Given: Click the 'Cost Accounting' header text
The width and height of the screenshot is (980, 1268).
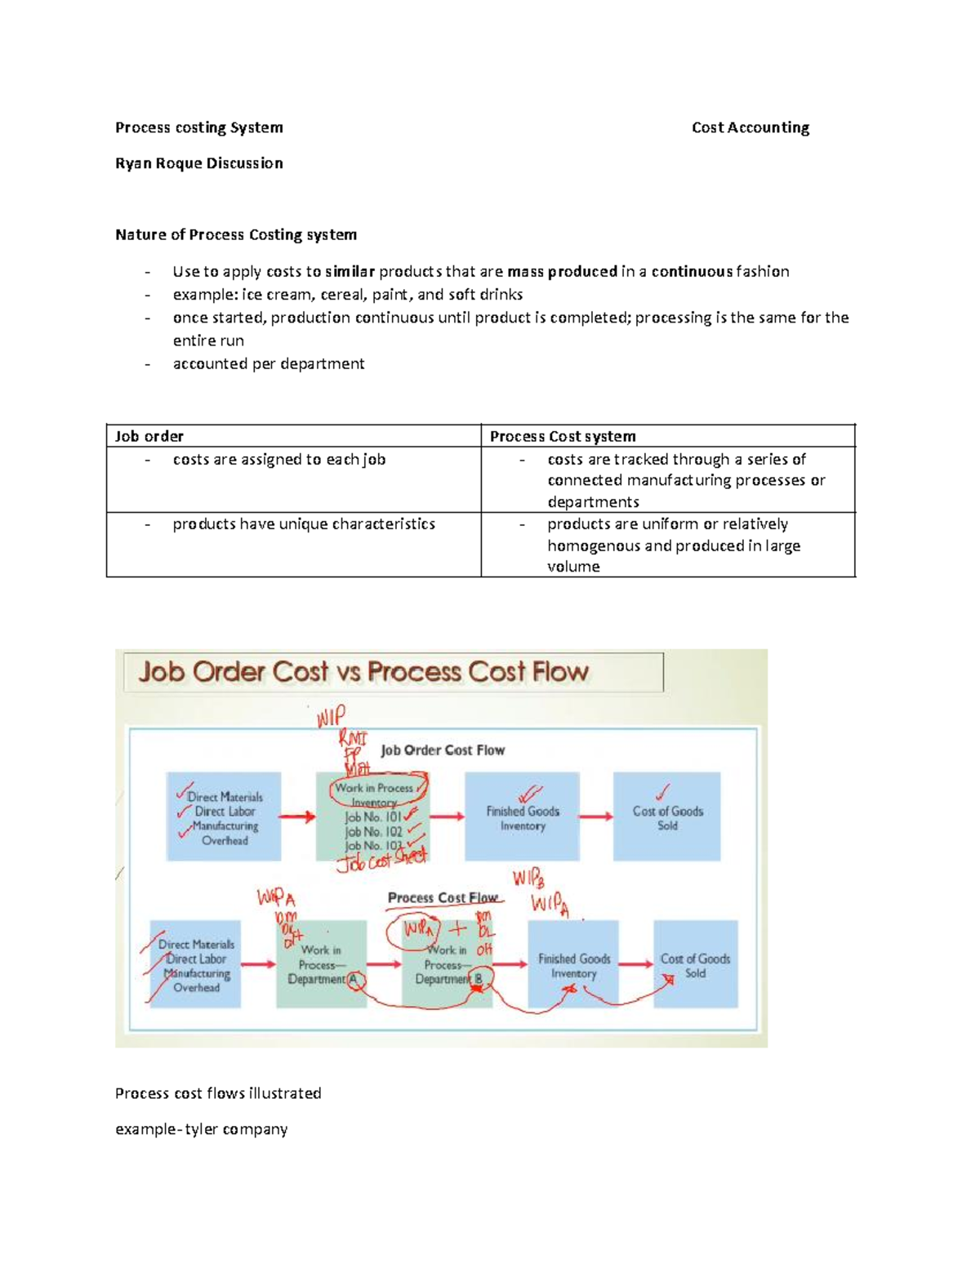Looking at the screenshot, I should [x=750, y=127].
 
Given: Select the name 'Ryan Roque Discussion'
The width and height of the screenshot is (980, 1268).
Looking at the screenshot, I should [x=198, y=163].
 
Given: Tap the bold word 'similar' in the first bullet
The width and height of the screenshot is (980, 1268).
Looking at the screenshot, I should [x=350, y=272].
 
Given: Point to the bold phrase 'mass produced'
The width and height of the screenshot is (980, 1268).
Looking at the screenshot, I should [x=562, y=272].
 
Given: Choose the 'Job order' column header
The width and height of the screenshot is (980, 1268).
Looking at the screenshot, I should [x=149, y=436].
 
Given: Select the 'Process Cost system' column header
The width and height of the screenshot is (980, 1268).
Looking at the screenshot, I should [x=563, y=436].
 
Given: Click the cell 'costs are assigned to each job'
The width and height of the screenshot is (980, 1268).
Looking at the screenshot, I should [x=278, y=460].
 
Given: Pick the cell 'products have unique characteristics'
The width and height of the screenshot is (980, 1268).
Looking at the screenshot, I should [x=303, y=524].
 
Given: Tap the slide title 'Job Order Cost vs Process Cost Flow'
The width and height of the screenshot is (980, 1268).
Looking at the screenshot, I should [x=363, y=672].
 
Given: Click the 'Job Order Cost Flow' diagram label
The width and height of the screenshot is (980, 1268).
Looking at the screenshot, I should [x=443, y=750].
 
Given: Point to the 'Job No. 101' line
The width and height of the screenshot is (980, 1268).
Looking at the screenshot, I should [x=373, y=816].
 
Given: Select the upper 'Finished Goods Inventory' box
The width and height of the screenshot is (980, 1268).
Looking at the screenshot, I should [x=523, y=817].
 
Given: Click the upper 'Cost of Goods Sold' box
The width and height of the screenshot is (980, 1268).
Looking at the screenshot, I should [x=667, y=817].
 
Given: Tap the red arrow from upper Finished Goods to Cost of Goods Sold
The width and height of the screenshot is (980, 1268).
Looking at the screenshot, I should [x=596, y=816].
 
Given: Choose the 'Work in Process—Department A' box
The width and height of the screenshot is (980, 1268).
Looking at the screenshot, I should [x=321, y=964].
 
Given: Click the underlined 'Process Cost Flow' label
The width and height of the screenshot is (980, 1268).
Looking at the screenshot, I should [x=443, y=897].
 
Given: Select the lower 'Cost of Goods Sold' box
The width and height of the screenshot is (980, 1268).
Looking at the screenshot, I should [x=695, y=965].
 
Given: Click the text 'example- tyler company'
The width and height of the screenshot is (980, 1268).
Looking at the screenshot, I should [x=201, y=1129].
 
